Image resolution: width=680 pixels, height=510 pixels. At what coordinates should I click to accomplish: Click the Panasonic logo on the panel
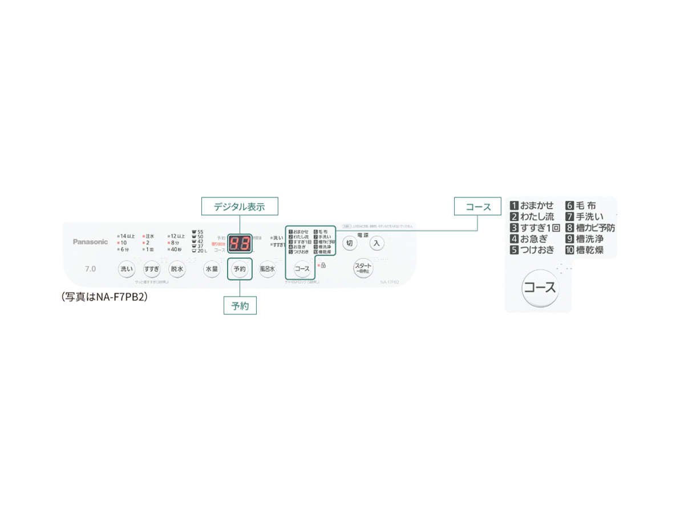[90, 242]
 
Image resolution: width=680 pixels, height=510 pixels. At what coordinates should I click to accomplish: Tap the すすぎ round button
[152, 269]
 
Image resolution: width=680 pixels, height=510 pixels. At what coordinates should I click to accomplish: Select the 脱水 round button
[177, 269]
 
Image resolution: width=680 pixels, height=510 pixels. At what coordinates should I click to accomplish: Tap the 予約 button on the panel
[239, 269]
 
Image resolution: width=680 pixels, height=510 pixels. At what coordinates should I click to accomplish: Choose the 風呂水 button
[268, 269]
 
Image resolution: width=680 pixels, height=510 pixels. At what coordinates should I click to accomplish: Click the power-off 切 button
[350, 244]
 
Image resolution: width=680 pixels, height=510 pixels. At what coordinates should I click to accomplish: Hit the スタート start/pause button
[363, 268]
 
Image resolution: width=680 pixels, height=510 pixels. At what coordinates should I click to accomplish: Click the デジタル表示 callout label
[240, 207]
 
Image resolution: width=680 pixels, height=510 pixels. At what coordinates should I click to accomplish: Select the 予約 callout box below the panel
[240, 306]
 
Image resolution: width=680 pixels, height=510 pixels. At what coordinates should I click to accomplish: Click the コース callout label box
[478, 207]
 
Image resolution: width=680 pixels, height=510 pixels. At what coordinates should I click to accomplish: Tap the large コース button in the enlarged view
[540, 288]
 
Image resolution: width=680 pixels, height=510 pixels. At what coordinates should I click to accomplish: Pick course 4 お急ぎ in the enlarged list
[532, 239]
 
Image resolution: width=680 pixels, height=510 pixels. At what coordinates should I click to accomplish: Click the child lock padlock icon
[323, 265]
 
